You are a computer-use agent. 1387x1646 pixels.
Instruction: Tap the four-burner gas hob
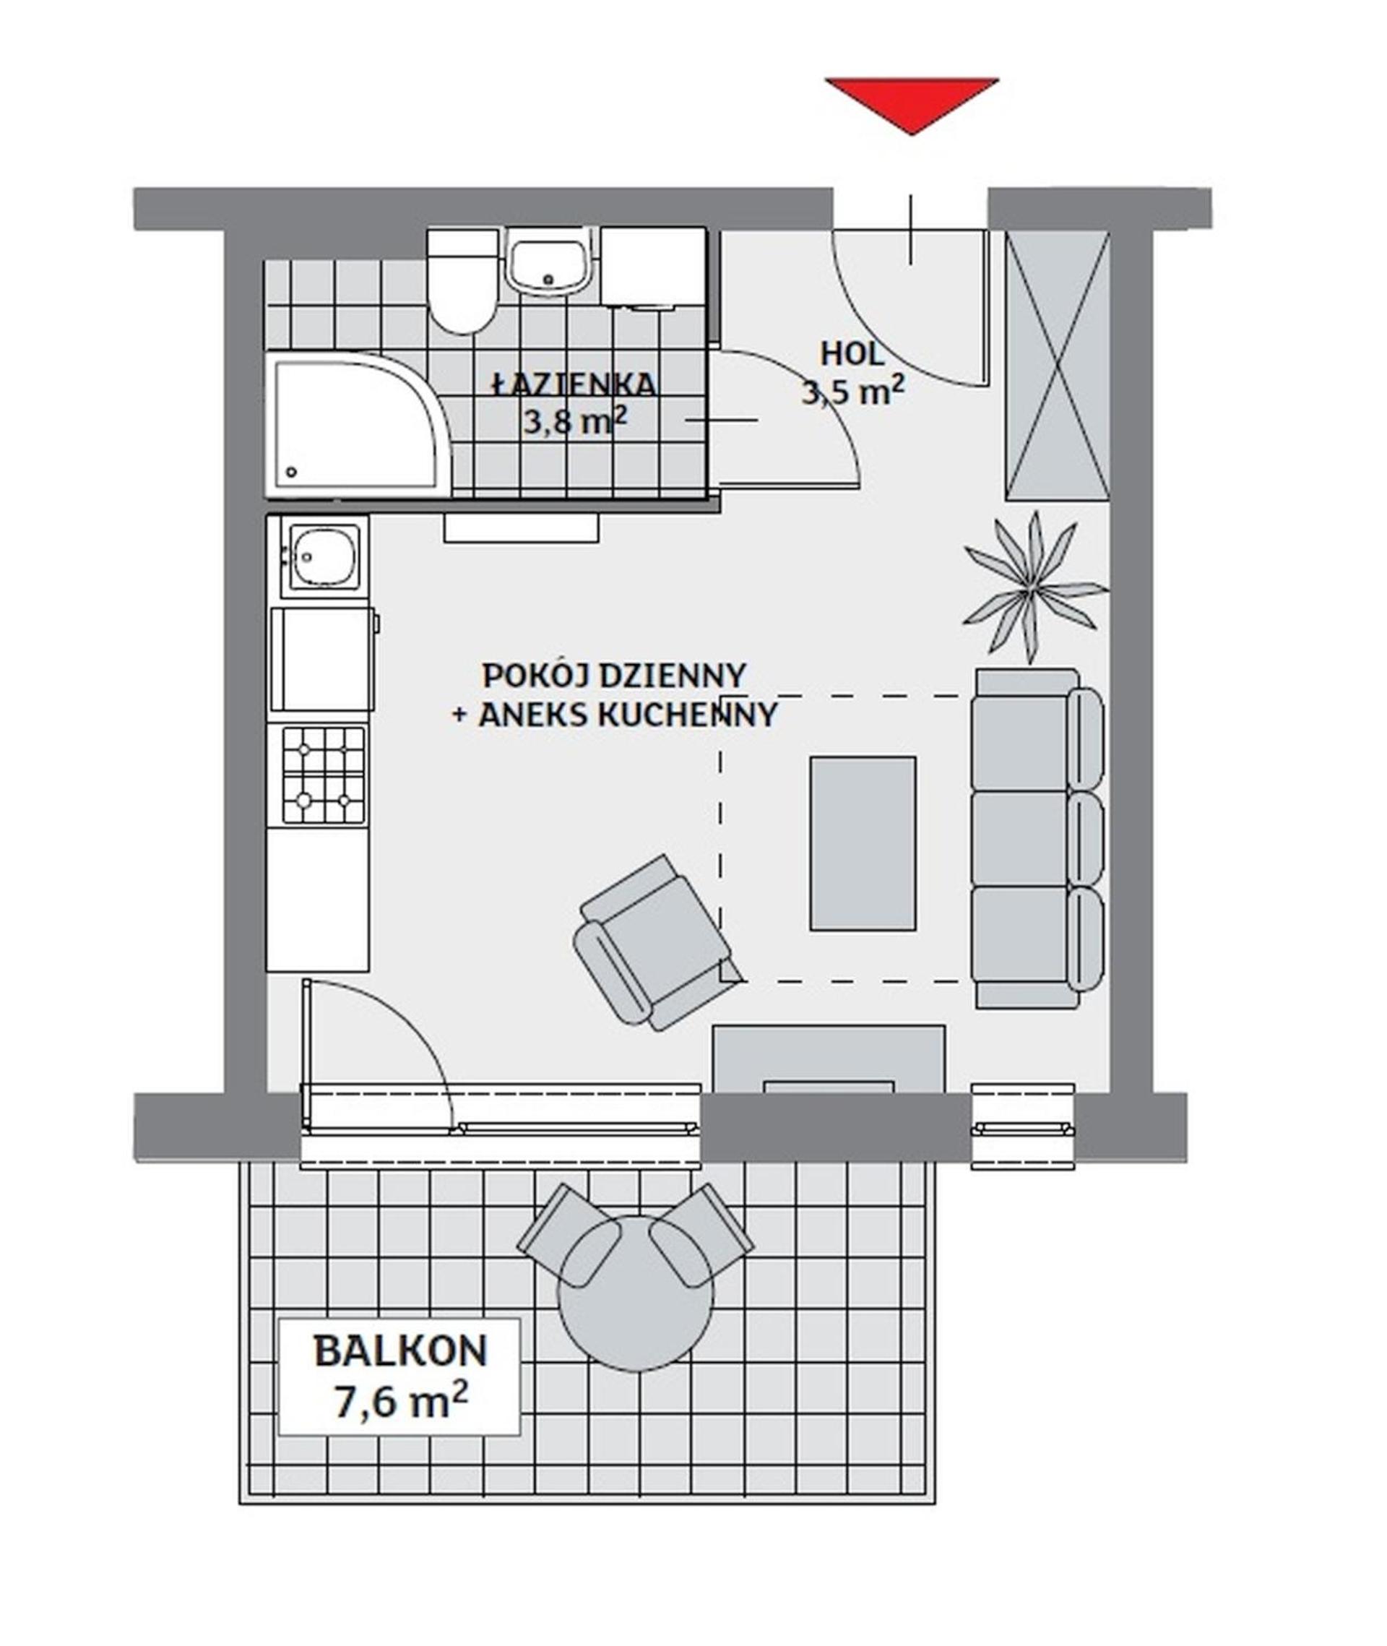click(323, 775)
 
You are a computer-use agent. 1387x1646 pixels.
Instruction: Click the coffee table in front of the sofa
click(863, 843)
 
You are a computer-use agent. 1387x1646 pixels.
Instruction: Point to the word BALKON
click(400, 1352)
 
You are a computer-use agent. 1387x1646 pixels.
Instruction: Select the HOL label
click(852, 354)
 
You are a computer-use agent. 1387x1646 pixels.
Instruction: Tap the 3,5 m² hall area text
click(852, 390)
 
